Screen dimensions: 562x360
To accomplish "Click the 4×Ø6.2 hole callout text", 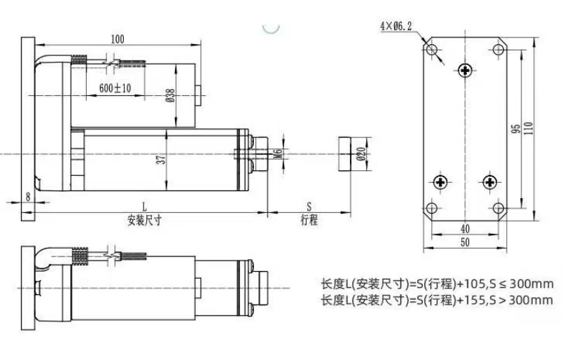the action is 395,26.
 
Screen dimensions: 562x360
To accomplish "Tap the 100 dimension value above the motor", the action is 117,39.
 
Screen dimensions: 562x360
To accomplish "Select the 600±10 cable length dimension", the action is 115,88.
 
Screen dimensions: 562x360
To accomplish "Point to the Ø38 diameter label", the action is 171,95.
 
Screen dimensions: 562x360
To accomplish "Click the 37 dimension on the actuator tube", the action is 162,159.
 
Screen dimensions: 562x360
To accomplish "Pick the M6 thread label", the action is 278,154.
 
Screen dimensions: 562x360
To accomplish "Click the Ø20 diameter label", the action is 361,153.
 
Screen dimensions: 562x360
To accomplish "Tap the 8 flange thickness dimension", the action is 28,197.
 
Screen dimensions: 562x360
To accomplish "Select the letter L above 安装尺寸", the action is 144,207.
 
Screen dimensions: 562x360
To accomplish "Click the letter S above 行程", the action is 309,207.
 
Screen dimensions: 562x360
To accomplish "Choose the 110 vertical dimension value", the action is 529,128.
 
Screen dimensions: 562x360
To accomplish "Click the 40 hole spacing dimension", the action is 465,229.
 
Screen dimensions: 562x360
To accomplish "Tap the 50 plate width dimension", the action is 465,242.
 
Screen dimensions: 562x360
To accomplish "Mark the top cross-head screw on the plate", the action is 465,70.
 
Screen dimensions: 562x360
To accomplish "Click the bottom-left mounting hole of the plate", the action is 432,208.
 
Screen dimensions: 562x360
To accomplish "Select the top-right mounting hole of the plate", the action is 498,49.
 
